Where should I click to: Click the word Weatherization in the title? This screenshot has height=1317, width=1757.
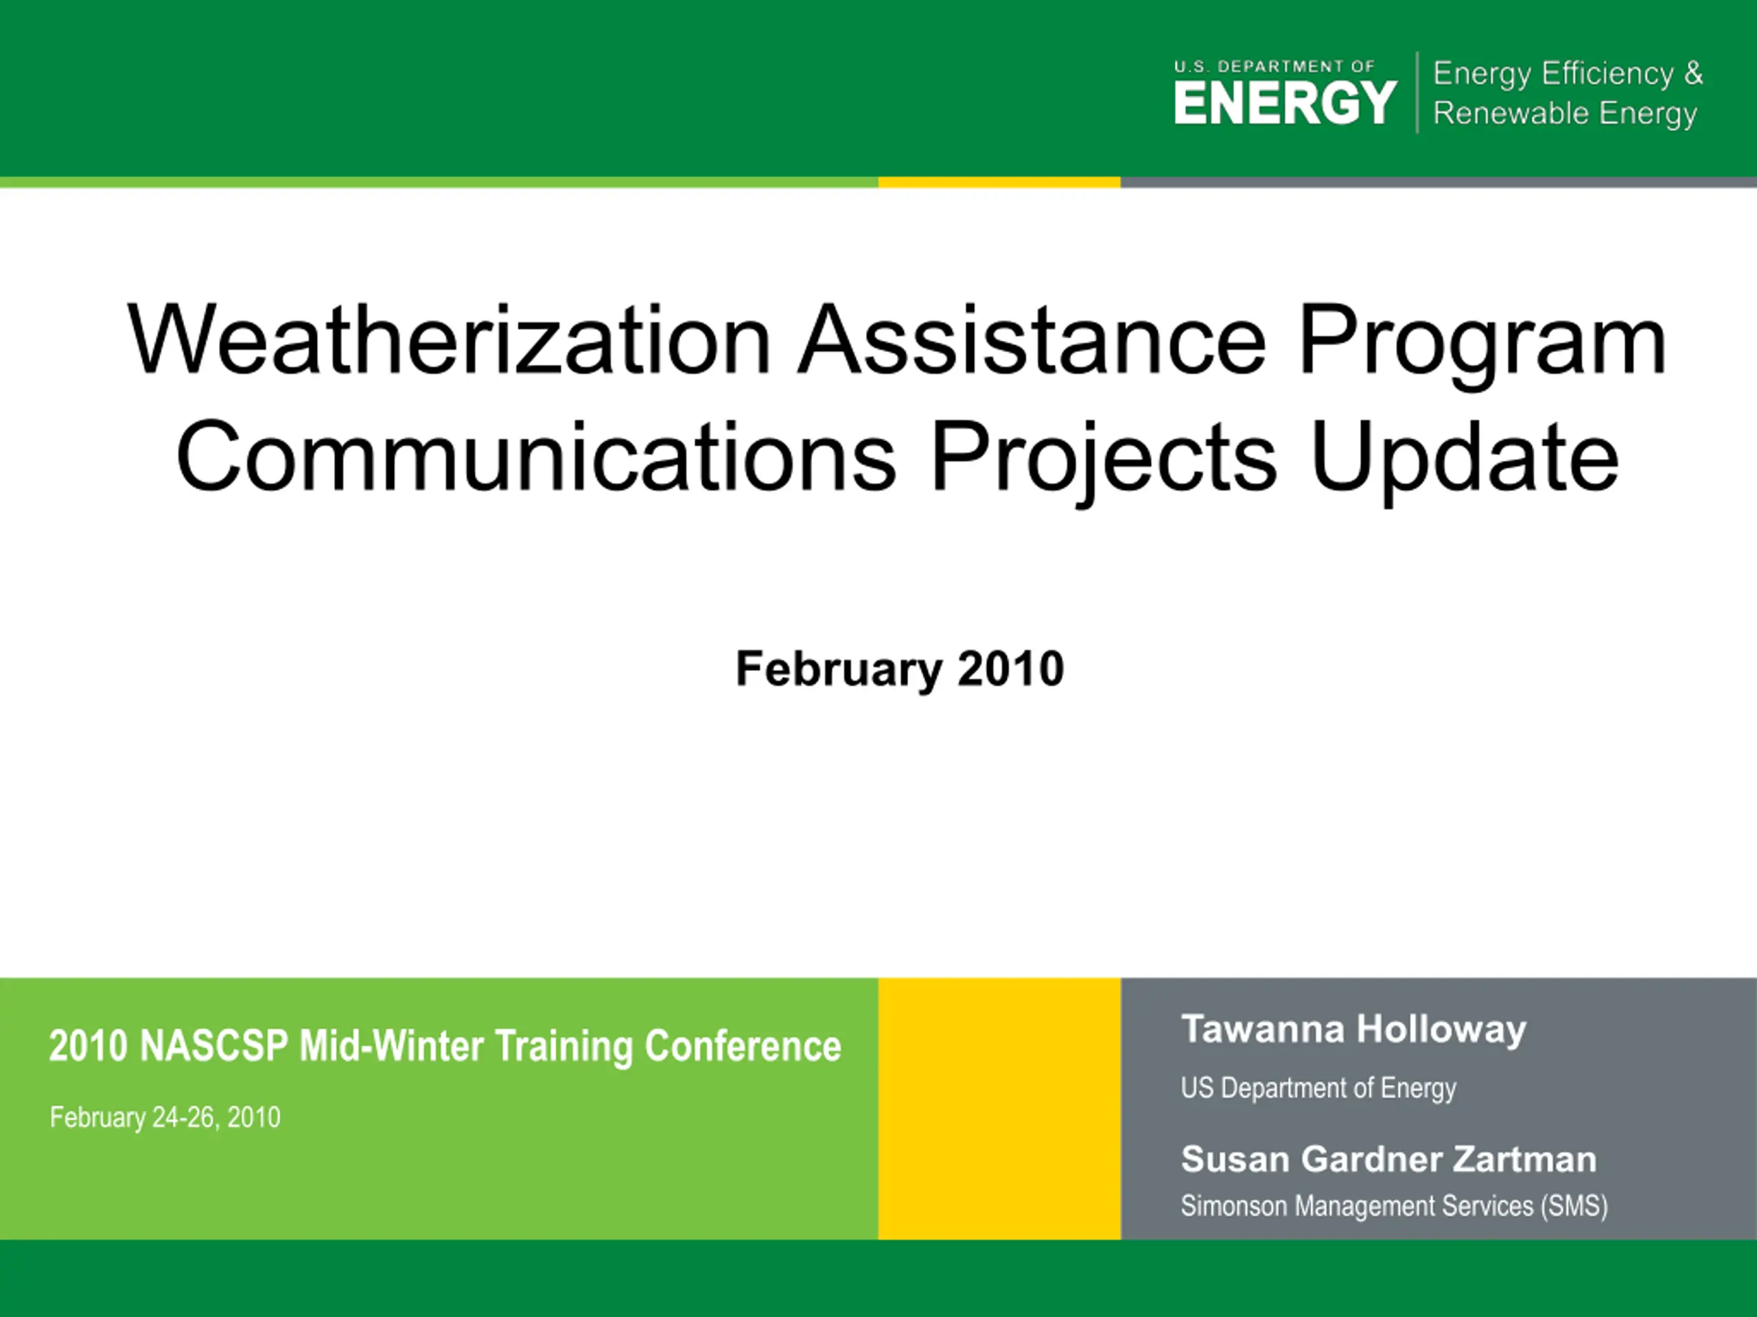449,339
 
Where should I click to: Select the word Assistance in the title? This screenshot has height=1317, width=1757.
1032,339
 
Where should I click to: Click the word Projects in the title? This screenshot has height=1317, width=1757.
1104,463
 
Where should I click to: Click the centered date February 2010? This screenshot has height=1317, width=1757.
899,669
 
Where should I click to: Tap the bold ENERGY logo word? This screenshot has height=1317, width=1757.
1285,102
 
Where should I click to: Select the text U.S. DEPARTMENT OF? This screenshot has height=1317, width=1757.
1274,67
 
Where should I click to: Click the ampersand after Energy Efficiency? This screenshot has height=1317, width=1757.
1693,73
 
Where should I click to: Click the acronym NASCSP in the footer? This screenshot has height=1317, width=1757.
213,1045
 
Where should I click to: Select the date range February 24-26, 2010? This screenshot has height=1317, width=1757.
165,1118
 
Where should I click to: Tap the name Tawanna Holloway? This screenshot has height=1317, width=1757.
1353,1030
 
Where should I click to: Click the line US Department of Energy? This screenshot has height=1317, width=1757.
1318,1088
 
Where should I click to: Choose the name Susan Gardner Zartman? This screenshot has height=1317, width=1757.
1388,1159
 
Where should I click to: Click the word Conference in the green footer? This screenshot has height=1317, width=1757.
743,1045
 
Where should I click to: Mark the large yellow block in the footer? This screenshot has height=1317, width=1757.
999,1108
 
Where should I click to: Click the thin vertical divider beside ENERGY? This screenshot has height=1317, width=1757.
1417,92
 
